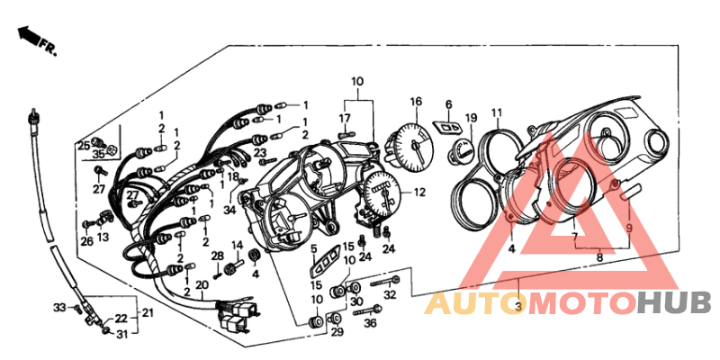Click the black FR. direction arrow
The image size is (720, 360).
[x=28, y=36]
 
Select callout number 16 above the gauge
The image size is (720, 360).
[x=416, y=102]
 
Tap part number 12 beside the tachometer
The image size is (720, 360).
[x=418, y=193]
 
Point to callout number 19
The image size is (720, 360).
[x=471, y=118]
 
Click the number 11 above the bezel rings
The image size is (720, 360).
[x=497, y=112]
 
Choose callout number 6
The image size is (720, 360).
[x=449, y=104]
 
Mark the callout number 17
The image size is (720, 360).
[x=345, y=119]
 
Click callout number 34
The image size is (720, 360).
[x=230, y=211]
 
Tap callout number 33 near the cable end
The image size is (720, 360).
[x=59, y=307]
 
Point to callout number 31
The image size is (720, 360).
[x=121, y=335]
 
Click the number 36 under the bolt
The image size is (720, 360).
[x=370, y=323]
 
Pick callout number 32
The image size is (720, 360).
[x=390, y=295]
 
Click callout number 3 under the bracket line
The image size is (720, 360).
[x=518, y=307]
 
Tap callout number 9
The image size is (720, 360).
[x=629, y=227]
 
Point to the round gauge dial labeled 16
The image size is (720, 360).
[x=410, y=144]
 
